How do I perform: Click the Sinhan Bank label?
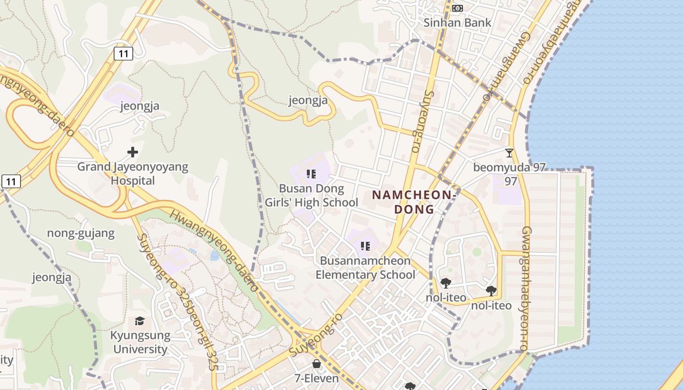pos(457,22)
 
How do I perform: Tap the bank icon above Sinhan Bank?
pos(457,8)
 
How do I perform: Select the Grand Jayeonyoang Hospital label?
pos(133,174)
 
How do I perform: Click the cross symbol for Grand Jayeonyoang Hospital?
pos(133,153)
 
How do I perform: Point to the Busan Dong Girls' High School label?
pos(311,195)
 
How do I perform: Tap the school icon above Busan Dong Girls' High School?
pos(311,174)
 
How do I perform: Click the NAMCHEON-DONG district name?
pos(414,202)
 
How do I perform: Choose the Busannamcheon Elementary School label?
pos(365,268)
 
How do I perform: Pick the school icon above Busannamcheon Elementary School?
pos(365,246)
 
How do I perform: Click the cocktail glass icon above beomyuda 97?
pos(509,153)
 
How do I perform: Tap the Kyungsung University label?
pos(140,342)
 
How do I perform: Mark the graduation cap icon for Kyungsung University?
pos(140,321)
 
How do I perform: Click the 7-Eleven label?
pos(316,378)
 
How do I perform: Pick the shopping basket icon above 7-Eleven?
pos(317,364)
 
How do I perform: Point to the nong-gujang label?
pos(80,233)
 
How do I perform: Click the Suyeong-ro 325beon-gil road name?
pos(176,302)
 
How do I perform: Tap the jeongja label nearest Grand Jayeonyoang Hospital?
pos(140,106)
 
